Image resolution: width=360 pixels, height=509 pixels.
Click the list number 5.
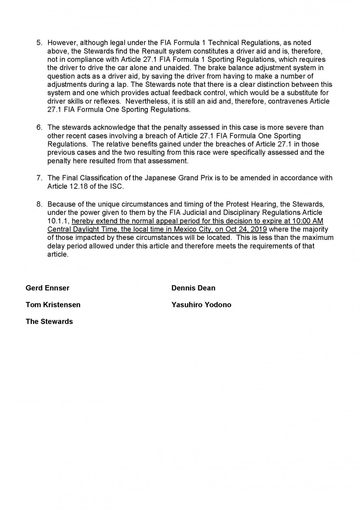pyautogui.click(x=39, y=43)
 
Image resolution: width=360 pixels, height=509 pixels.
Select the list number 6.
pyautogui.click(x=39, y=127)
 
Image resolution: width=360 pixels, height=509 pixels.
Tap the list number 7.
pyautogui.click(x=39, y=178)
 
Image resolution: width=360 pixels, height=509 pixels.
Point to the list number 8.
pyautogui.click(x=39, y=204)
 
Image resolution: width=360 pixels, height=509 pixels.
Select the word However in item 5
pyautogui.click(x=62, y=43)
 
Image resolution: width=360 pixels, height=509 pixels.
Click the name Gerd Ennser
pyautogui.click(x=47, y=288)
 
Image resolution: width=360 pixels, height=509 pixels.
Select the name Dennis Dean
pyautogui.click(x=193, y=288)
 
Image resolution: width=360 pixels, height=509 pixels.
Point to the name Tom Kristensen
pyautogui.click(x=53, y=305)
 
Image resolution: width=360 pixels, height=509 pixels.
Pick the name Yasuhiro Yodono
pyautogui.click(x=201, y=305)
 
